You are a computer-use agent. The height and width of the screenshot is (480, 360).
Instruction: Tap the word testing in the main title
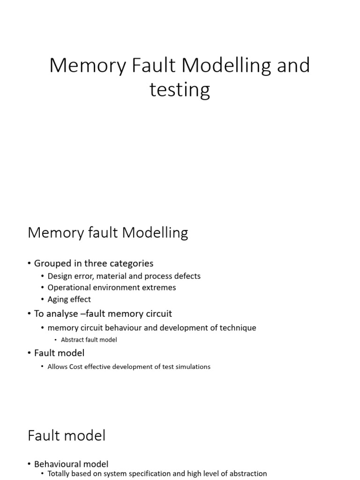(x=180, y=90)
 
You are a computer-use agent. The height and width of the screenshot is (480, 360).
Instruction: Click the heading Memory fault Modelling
(x=108, y=232)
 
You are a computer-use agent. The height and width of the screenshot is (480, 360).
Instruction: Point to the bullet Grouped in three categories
(x=94, y=263)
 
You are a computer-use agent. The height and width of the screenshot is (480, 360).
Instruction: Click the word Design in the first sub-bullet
(x=60, y=276)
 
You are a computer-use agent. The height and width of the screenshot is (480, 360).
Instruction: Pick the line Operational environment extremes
(x=112, y=287)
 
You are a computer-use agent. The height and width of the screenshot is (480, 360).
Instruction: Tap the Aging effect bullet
(x=69, y=299)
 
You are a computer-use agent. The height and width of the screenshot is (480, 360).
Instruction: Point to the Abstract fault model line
(x=89, y=340)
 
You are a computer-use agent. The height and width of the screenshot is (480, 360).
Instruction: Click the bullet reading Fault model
(x=59, y=352)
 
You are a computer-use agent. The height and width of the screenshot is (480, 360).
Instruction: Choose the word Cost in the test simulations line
(x=78, y=367)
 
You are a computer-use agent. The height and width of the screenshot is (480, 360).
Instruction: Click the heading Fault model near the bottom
(x=67, y=435)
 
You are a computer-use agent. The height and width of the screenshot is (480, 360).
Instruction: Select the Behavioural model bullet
(x=71, y=464)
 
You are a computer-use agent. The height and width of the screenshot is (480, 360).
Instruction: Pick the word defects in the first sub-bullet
(x=187, y=276)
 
